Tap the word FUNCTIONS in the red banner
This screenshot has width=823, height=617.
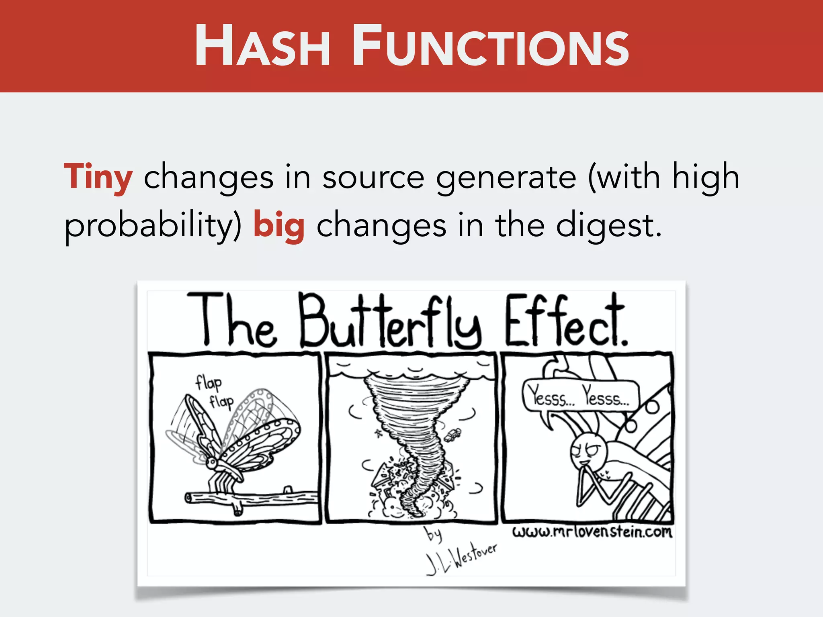click(490, 45)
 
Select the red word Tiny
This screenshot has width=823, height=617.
click(98, 177)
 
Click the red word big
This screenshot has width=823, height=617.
click(279, 225)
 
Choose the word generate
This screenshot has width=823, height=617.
click(506, 177)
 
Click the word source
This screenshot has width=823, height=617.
click(373, 177)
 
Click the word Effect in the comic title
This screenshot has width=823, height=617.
click(565, 321)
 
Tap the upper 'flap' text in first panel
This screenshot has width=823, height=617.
click(208, 383)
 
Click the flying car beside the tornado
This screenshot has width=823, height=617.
click(453, 435)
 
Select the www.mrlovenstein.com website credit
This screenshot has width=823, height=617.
click(592, 532)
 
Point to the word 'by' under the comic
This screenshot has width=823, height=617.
click(433, 534)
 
